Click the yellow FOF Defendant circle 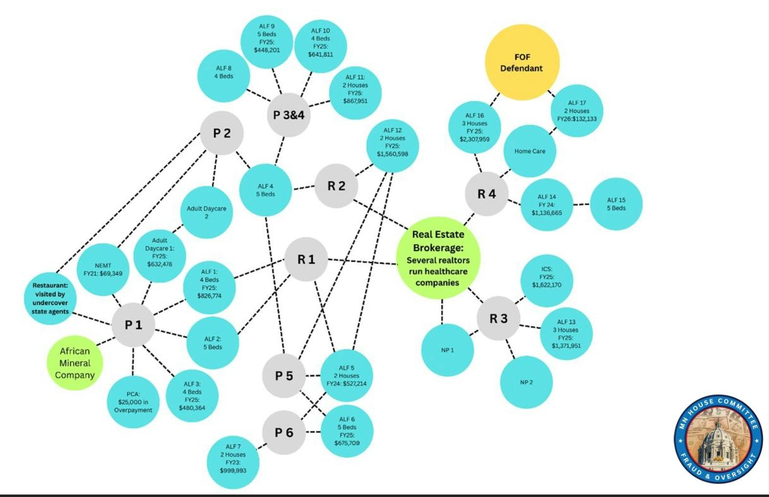coord(522,63)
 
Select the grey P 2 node coord(222,133)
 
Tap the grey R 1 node coord(306,259)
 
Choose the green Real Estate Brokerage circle coord(438,258)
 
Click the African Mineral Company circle coord(75,363)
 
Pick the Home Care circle coord(530,151)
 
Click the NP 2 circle coord(526,382)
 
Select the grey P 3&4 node coord(289,115)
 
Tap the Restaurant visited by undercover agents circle coord(50,298)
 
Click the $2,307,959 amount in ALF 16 coord(474,139)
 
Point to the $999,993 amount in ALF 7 coord(233,471)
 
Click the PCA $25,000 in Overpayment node coord(133,402)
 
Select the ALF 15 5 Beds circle coord(616,204)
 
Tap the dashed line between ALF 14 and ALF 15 coord(581,204)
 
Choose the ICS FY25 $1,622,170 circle coord(547,280)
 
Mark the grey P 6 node coord(284,432)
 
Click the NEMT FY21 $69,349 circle coord(103,270)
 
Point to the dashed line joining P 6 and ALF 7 coord(262,446)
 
